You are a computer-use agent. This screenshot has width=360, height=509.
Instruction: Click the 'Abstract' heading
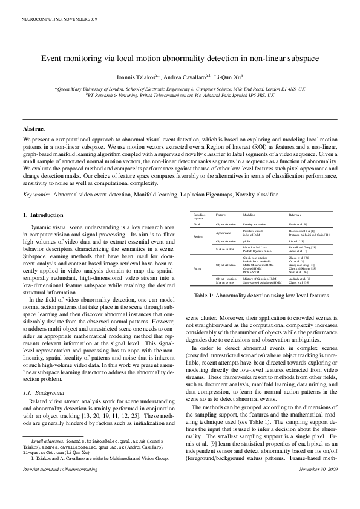click(x=34, y=129)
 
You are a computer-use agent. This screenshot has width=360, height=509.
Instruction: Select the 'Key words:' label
click(x=36, y=195)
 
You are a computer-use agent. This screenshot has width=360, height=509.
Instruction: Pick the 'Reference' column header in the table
click(x=295, y=215)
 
